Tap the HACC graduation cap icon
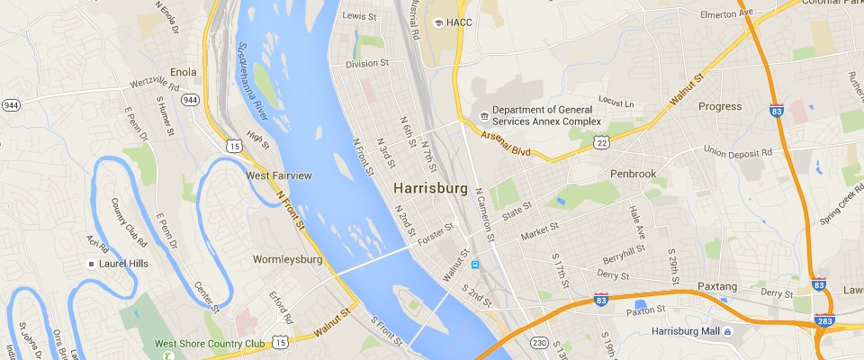pos(438,22)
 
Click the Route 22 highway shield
pos(602,142)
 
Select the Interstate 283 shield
pos(823,319)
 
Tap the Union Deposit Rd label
pos(738,152)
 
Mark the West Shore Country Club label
pos(210,343)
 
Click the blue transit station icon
pos(474,264)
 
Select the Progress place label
pos(720,106)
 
